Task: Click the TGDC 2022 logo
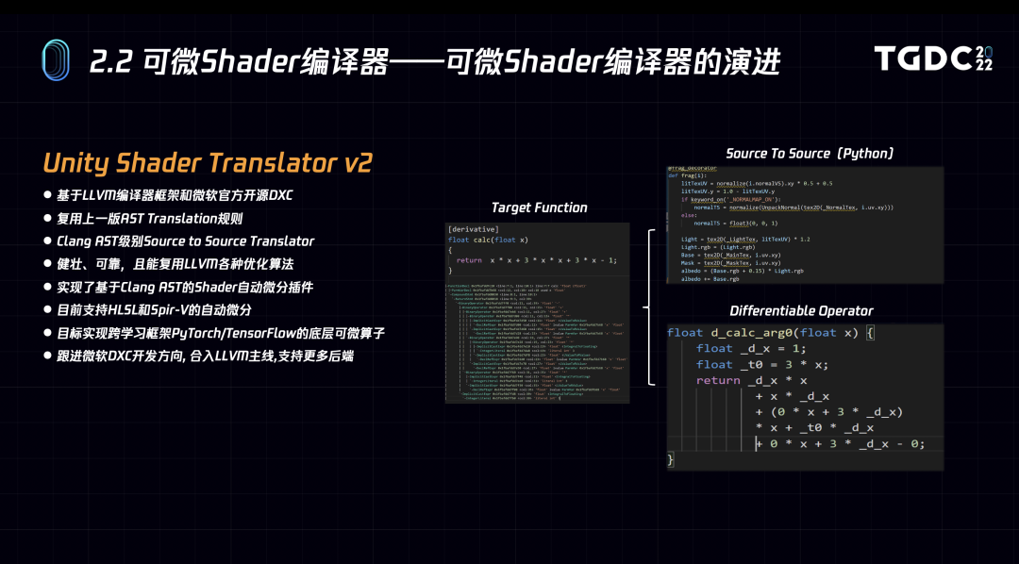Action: (x=933, y=58)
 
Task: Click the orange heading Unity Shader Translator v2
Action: (x=208, y=162)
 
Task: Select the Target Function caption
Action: (x=539, y=207)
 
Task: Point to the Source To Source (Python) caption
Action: (x=810, y=153)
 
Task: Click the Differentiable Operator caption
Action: (x=801, y=310)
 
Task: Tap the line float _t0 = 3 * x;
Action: (x=761, y=364)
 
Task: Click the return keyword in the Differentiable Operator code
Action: (x=718, y=380)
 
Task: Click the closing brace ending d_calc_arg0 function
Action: (x=672, y=459)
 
